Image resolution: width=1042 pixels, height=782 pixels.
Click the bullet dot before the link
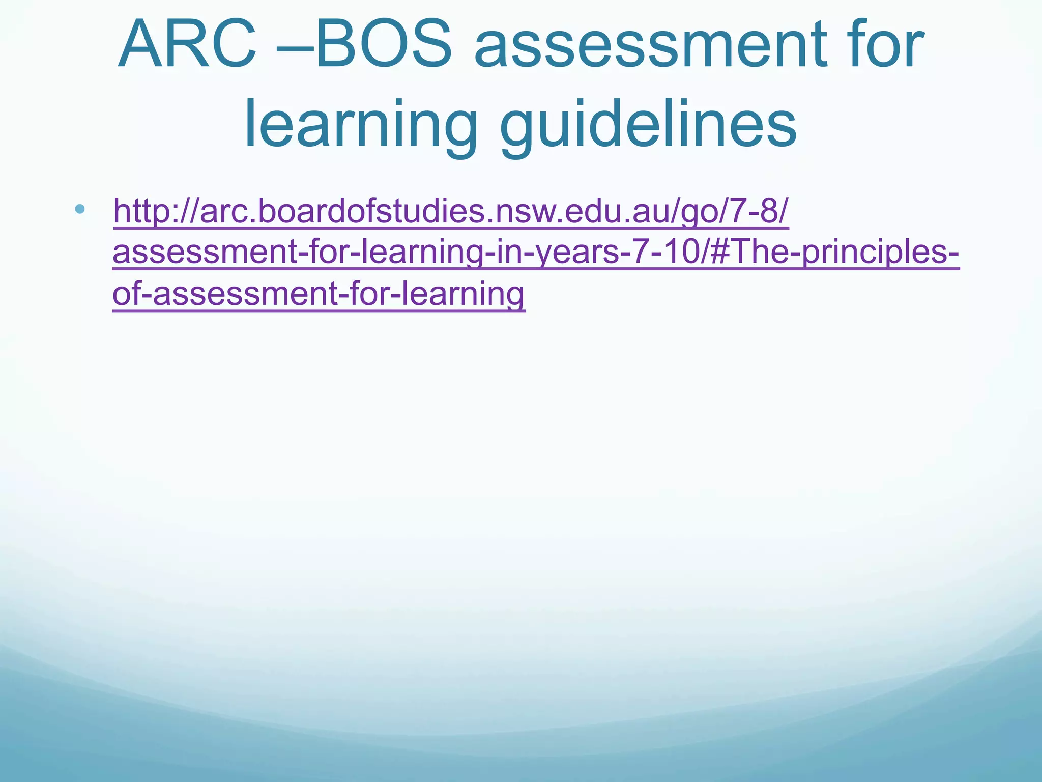coord(79,209)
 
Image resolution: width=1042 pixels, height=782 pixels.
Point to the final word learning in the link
coord(463,294)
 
